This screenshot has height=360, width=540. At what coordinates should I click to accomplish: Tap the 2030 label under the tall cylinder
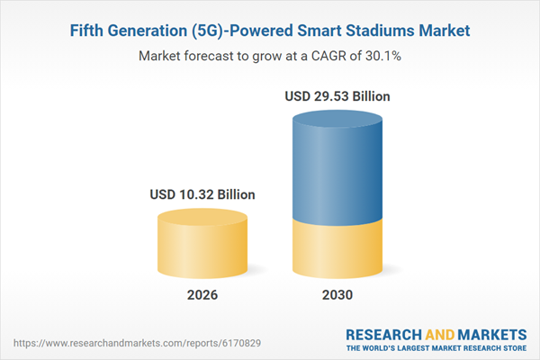[337, 294]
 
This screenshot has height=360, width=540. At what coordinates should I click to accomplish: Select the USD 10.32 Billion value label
[202, 194]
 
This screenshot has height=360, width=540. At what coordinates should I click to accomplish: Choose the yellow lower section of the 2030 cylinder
[337, 247]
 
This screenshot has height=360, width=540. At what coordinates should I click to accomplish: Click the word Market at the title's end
[436, 31]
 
